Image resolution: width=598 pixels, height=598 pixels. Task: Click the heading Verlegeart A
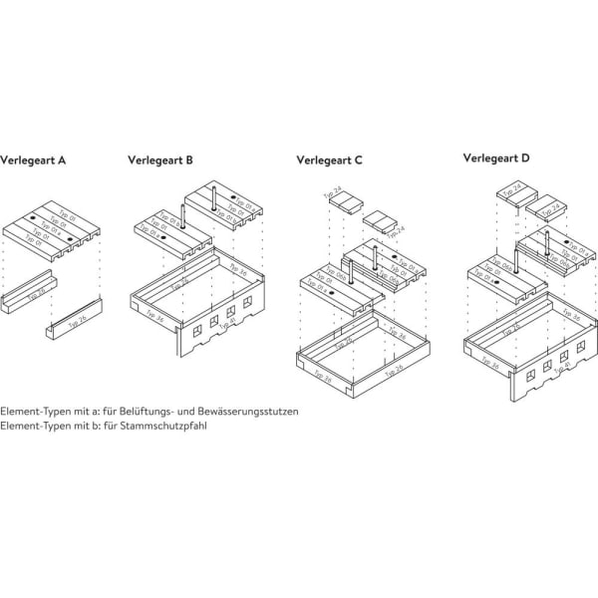[x=34, y=158]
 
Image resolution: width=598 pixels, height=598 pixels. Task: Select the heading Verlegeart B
[x=160, y=158]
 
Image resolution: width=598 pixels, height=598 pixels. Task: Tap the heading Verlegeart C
[x=330, y=159]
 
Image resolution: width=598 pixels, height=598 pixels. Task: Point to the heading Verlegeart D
[x=497, y=157]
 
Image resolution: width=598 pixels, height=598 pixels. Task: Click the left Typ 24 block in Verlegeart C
[x=344, y=203]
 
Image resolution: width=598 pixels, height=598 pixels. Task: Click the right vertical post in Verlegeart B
[x=214, y=196]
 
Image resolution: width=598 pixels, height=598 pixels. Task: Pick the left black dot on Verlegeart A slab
[x=32, y=217]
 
